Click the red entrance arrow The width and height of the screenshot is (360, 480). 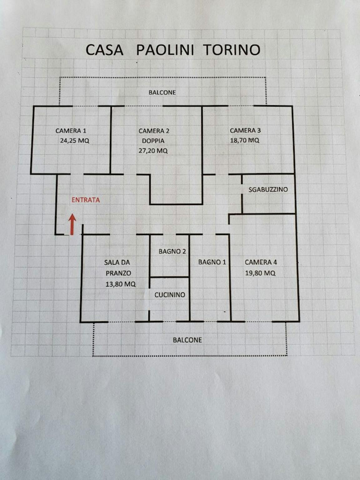pyautogui.click(x=72, y=225)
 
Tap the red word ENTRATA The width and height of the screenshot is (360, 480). pyautogui.click(x=86, y=200)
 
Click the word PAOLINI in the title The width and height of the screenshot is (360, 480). pyautogui.click(x=165, y=50)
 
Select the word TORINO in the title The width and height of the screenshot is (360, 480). pyautogui.click(x=232, y=50)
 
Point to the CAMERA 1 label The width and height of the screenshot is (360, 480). pyautogui.click(x=71, y=131)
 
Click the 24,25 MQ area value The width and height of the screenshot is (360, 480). pyautogui.click(x=75, y=140)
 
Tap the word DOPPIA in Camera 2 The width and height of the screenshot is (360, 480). pyautogui.click(x=153, y=141)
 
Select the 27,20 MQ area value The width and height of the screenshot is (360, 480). pyautogui.click(x=153, y=151)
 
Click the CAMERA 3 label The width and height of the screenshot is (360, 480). pyautogui.click(x=245, y=130)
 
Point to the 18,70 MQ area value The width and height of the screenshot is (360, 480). pyautogui.click(x=245, y=140)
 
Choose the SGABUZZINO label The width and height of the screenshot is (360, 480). pyautogui.click(x=268, y=189)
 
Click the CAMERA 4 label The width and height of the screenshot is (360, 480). pyautogui.click(x=261, y=262)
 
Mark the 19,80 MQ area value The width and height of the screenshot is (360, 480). pyautogui.click(x=260, y=273)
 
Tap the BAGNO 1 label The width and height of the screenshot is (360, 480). pyautogui.click(x=212, y=262)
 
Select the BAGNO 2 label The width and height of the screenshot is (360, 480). pyautogui.click(x=172, y=252)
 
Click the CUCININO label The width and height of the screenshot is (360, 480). pyautogui.click(x=170, y=295)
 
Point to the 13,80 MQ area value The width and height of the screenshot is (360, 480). pyautogui.click(x=121, y=284)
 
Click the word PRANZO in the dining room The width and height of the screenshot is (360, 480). pyautogui.click(x=118, y=273)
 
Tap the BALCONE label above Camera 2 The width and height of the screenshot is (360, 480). pyautogui.click(x=162, y=92)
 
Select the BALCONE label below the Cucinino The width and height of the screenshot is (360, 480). pyautogui.click(x=187, y=340)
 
